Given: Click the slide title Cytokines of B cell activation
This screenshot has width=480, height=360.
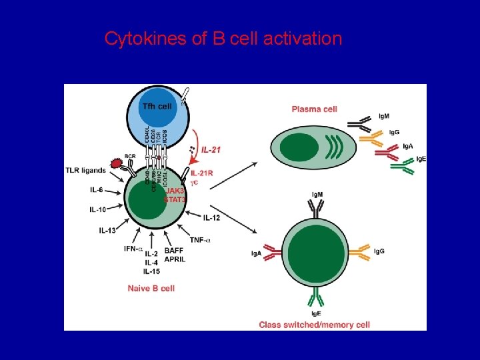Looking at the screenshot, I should click(x=223, y=39).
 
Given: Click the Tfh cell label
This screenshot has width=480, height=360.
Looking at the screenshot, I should click(x=156, y=106).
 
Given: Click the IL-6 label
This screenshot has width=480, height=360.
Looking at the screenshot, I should click(x=97, y=191).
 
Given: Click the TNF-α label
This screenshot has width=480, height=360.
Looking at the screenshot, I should click(x=201, y=240).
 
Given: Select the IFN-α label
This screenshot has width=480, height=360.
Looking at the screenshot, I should click(x=133, y=249).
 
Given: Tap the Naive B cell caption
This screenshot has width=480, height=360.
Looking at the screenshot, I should click(x=151, y=288).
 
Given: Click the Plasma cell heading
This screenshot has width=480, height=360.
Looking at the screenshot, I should click(x=314, y=109).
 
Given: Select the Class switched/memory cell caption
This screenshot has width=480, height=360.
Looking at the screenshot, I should click(x=314, y=325).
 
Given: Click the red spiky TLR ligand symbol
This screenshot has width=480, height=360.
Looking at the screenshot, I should click(x=117, y=163).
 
